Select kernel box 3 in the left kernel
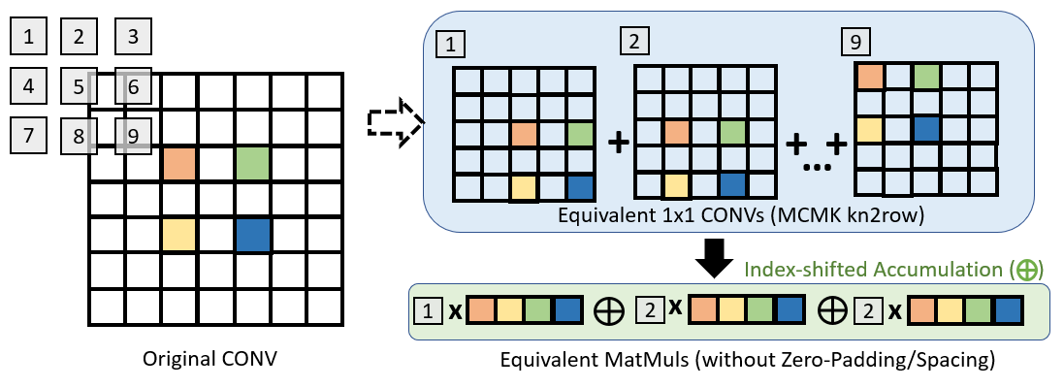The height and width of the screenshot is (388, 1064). [x=133, y=39]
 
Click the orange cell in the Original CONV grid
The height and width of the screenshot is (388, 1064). [x=179, y=163]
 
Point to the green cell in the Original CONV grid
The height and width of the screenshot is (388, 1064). [x=252, y=163]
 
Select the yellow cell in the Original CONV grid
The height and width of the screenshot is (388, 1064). [x=179, y=235]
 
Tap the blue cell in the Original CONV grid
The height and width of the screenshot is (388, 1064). [x=252, y=235]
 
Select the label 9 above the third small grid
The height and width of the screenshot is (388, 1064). [x=857, y=42]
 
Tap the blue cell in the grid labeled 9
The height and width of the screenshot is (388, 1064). [x=926, y=128]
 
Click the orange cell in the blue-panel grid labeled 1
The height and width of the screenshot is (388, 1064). [x=525, y=135]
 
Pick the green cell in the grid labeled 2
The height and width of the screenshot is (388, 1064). [x=732, y=130]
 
